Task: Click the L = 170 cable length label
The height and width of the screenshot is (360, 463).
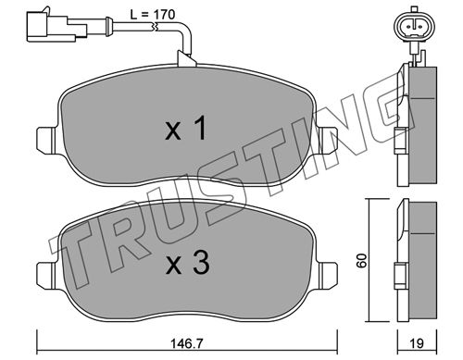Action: (x=152, y=14)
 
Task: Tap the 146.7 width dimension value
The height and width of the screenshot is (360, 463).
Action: (x=187, y=342)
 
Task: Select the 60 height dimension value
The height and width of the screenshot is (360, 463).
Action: (x=361, y=260)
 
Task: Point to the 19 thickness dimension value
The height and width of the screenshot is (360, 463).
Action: (x=417, y=343)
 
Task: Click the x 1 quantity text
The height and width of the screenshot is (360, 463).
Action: (x=186, y=130)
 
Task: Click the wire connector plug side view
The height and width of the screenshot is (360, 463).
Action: (x=56, y=26)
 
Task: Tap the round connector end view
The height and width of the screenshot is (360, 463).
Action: (x=415, y=27)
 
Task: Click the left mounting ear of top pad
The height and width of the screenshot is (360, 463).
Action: (x=46, y=141)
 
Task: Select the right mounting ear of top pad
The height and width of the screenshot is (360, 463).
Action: (x=328, y=141)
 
